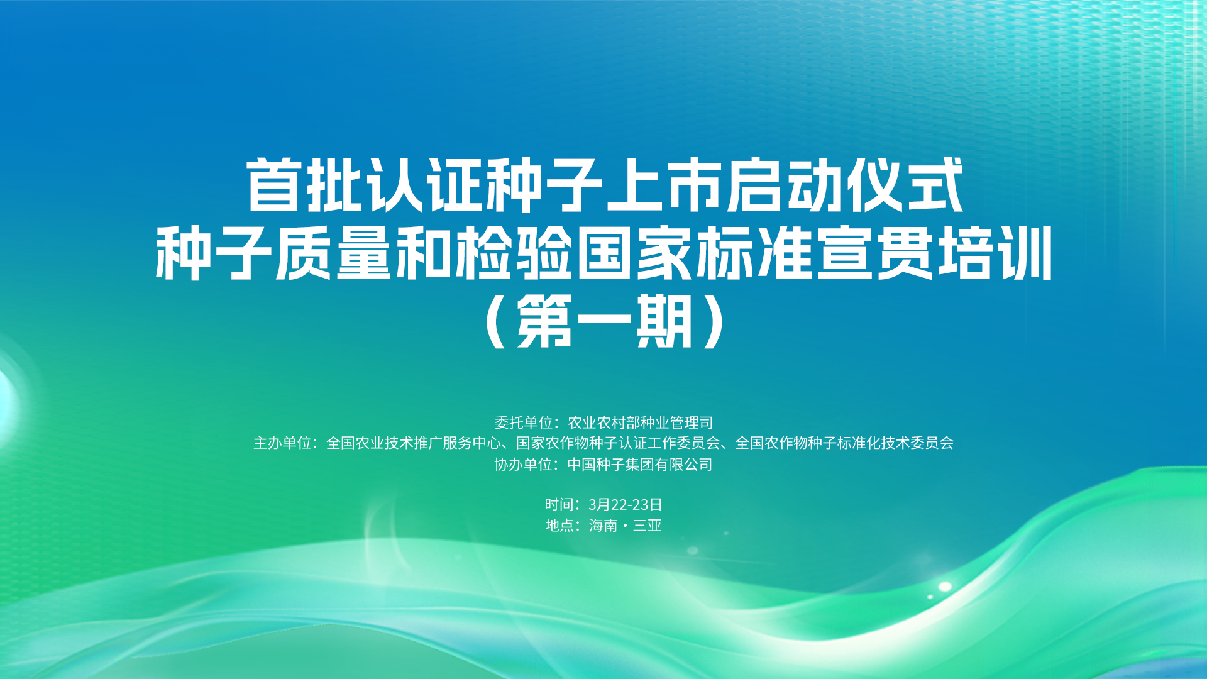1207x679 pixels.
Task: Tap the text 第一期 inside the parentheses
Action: coord(604,321)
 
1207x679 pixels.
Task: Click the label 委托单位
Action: coord(523,422)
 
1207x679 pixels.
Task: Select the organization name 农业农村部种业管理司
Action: coord(640,422)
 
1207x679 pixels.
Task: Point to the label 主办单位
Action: coord(282,443)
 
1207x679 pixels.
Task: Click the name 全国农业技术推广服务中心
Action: coord(414,443)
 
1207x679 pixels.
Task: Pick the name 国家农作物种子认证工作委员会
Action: coord(618,443)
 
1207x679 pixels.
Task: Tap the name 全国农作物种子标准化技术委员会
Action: coord(844,443)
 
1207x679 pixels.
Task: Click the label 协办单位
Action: coord(523,465)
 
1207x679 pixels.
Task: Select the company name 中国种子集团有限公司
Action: coord(640,465)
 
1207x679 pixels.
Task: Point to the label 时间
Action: coord(559,504)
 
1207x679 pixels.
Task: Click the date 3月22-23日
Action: coord(626,504)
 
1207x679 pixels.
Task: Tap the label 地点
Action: coord(559,526)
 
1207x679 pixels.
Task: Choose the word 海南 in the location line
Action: coord(603,526)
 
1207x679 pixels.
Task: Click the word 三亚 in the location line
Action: coord(648,526)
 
